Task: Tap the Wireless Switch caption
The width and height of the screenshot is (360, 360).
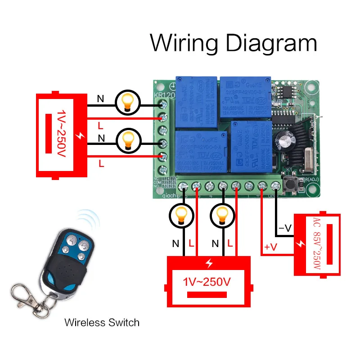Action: click(102, 322)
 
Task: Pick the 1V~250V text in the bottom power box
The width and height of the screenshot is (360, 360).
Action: click(207, 282)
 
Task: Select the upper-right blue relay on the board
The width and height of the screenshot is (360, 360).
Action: click(245, 96)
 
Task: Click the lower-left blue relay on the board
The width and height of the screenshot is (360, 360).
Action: click(200, 151)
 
